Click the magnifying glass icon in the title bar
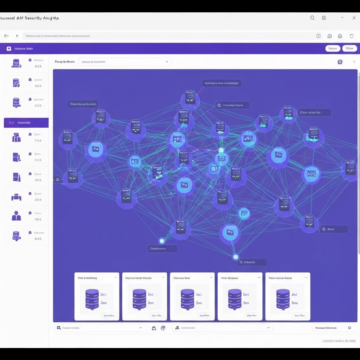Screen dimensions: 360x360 312,18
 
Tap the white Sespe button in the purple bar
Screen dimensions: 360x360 333,49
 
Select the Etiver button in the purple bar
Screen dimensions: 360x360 349,49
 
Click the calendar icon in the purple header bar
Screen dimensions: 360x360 9,49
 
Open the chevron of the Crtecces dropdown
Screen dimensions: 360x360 167,62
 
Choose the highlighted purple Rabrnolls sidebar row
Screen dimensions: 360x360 26,123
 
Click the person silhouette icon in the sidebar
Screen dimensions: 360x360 16,216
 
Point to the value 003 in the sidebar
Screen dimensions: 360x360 38,219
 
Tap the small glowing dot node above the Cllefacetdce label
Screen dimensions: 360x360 162,241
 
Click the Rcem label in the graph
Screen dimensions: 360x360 334,229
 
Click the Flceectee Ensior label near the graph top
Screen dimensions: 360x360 232,105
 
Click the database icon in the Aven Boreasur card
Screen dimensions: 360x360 234,299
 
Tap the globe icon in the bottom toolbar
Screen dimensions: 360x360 163,328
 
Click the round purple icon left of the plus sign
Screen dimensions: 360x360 340,62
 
